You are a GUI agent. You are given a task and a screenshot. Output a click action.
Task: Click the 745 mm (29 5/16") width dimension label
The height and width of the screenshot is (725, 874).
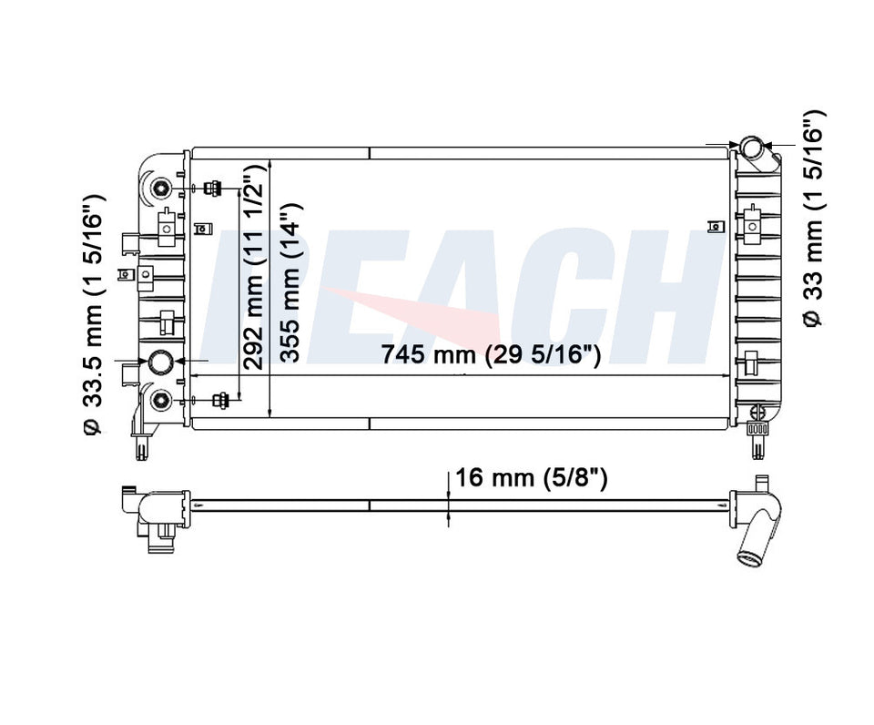(491, 354)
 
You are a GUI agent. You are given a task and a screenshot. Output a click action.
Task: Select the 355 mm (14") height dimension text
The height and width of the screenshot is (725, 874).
(291, 282)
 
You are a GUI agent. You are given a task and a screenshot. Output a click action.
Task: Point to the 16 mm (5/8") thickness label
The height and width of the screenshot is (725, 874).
(531, 478)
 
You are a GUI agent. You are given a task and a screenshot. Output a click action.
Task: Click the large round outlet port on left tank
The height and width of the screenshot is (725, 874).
(162, 361)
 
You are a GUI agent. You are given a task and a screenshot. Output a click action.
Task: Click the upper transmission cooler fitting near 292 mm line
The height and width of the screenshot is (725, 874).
(212, 189)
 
